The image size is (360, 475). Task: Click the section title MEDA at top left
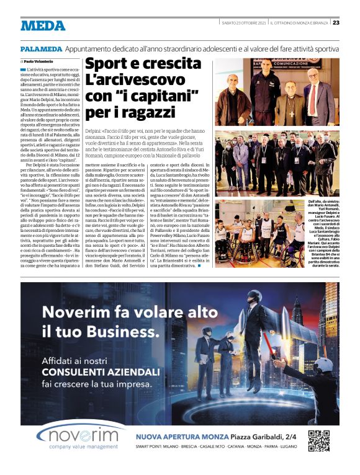tap(43, 25)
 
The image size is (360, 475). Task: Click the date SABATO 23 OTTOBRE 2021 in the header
tap(245, 23)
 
